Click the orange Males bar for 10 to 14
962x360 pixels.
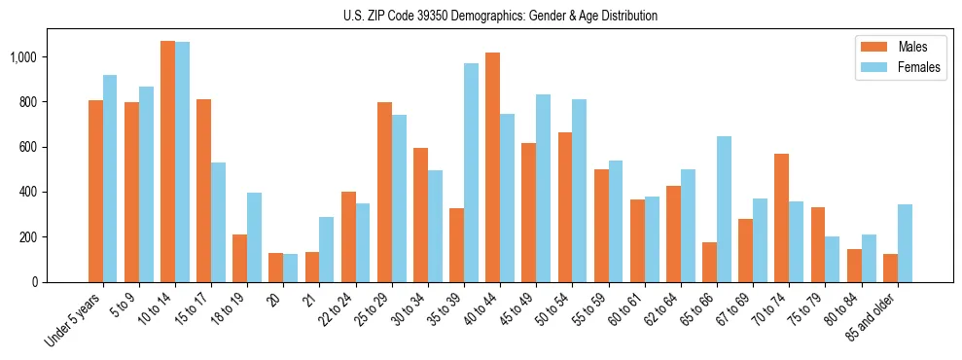click(x=167, y=162)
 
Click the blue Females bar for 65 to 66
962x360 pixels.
click(x=724, y=209)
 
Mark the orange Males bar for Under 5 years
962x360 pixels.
click(x=95, y=192)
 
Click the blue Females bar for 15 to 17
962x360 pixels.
click(x=218, y=223)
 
